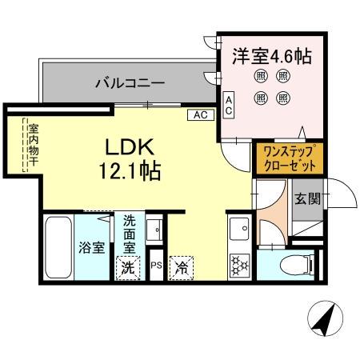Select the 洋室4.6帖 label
[273, 57]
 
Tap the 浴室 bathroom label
[90, 246]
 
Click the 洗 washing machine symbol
[127, 268]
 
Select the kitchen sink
[239, 231]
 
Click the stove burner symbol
[239, 265]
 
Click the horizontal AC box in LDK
[200, 114]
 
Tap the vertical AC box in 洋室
[228, 105]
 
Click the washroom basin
[157, 230]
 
